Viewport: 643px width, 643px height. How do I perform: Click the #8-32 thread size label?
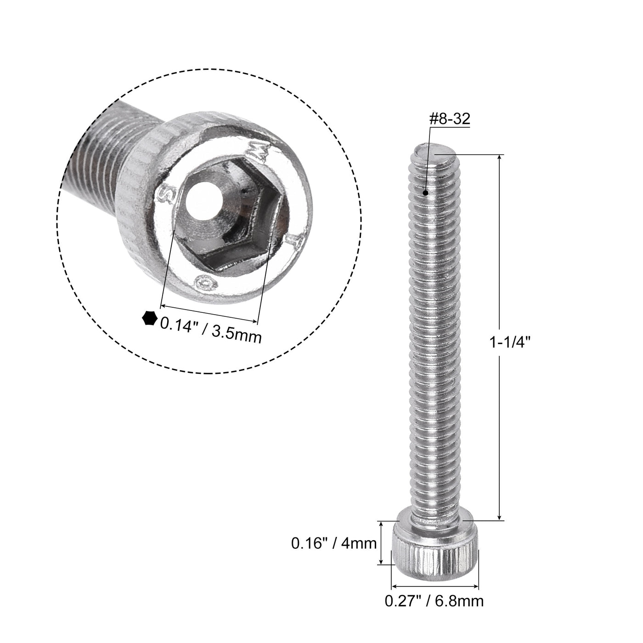point(449,119)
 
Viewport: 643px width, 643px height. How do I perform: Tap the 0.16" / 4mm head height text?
point(334,543)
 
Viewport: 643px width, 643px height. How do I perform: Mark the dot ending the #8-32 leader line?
point(427,193)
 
